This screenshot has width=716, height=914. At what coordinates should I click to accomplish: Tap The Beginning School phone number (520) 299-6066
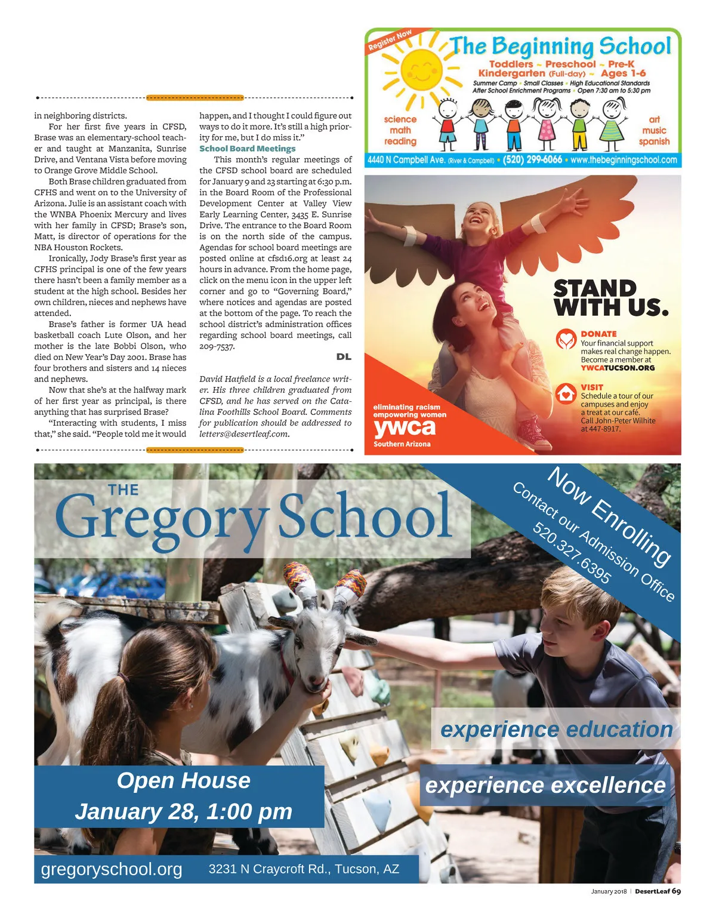pyautogui.click(x=532, y=160)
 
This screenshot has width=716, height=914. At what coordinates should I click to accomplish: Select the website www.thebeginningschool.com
pyautogui.click(x=624, y=160)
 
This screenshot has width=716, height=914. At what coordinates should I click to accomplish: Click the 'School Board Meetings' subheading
pyautogui.click(x=247, y=149)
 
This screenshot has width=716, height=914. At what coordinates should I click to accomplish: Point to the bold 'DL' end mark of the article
pyautogui.click(x=344, y=357)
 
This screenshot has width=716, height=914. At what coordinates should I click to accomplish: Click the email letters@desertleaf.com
pyautogui.click(x=243, y=434)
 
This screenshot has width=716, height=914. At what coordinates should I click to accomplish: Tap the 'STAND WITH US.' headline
pyautogui.click(x=610, y=298)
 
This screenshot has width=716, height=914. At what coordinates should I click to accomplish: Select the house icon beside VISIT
pyautogui.click(x=566, y=393)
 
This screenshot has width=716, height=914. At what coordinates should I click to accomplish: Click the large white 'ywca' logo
pyautogui.click(x=405, y=427)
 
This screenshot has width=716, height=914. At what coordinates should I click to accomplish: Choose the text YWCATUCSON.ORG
pyautogui.click(x=618, y=368)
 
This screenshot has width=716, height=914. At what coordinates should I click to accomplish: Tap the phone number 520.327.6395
pyautogui.click(x=572, y=552)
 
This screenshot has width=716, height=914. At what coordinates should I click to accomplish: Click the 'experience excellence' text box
pyautogui.click(x=545, y=786)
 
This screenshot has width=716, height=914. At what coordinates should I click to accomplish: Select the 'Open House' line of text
pyautogui.click(x=184, y=781)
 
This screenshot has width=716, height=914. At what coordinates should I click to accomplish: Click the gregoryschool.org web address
pyautogui.click(x=112, y=869)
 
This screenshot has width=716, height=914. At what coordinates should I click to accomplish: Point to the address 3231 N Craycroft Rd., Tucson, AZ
pyautogui.click(x=304, y=869)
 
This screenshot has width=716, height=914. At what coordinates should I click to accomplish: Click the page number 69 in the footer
pyautogui.click(x=676, y=891)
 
